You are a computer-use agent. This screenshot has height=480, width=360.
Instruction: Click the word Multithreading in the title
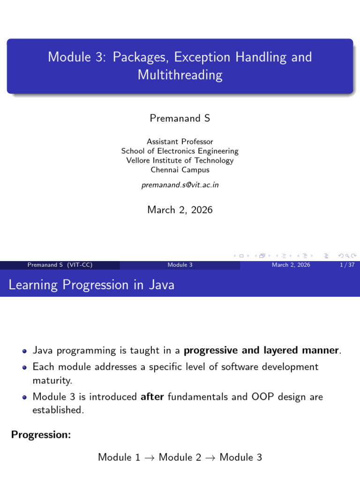(180, 75)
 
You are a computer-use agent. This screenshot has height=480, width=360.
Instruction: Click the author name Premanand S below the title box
(180, 118)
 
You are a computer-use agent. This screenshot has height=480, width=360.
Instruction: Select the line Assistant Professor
(180, 142)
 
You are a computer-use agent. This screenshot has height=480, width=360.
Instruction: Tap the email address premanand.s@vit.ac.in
(180, 185)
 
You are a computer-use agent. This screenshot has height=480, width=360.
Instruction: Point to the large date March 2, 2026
(180, 210)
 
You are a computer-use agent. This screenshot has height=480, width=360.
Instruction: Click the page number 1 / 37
(347, 265)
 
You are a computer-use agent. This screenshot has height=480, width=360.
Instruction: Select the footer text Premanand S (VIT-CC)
(60, 265)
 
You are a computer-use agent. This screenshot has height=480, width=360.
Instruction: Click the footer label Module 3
(180, 265)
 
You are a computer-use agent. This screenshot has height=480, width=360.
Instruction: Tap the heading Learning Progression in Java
(91, 285)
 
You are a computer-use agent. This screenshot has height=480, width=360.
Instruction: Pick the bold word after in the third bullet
(152, 397)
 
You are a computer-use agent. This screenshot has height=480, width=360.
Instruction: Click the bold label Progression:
(41, 435)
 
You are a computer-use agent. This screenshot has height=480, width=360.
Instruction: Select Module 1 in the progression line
(119, 457)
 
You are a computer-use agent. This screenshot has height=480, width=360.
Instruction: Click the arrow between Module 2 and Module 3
(210, 458)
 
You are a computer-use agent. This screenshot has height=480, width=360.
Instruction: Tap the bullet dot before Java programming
(25, 351)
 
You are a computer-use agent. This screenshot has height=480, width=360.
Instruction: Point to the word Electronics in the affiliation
(176, 151)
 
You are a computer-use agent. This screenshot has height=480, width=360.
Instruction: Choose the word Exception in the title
(202, 57)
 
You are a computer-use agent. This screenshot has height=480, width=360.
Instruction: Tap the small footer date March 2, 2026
(291, 265)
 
